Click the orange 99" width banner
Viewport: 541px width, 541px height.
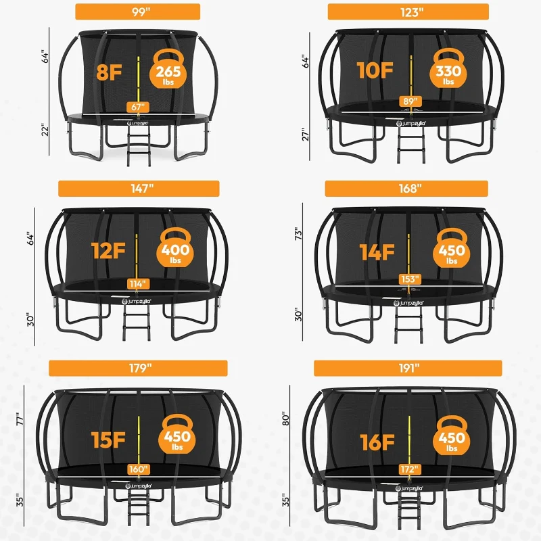coord(137,11)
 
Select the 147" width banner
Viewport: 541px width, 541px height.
coord(139,189)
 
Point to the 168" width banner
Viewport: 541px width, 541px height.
coord(408,189)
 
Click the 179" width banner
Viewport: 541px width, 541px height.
coord(139,369)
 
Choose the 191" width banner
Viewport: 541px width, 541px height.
coord(408,369)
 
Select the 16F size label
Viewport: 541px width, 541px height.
coord(377,443)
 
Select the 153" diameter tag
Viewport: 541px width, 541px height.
coord(408,279)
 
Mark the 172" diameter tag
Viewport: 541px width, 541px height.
coord(408,468)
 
